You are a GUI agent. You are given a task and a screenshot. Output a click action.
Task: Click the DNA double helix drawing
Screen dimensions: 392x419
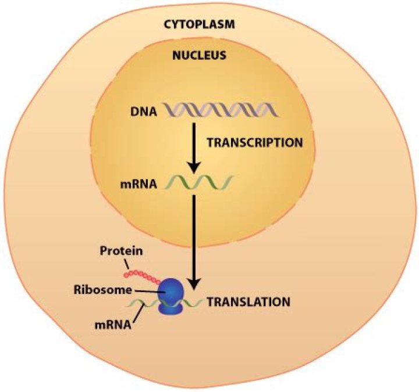(x=219, y=109)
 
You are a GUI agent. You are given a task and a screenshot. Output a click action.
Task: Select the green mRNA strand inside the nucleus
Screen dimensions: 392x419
(x=198, y=183)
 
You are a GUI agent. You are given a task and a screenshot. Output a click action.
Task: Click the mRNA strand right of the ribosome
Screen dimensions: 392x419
(x=196, y=302)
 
